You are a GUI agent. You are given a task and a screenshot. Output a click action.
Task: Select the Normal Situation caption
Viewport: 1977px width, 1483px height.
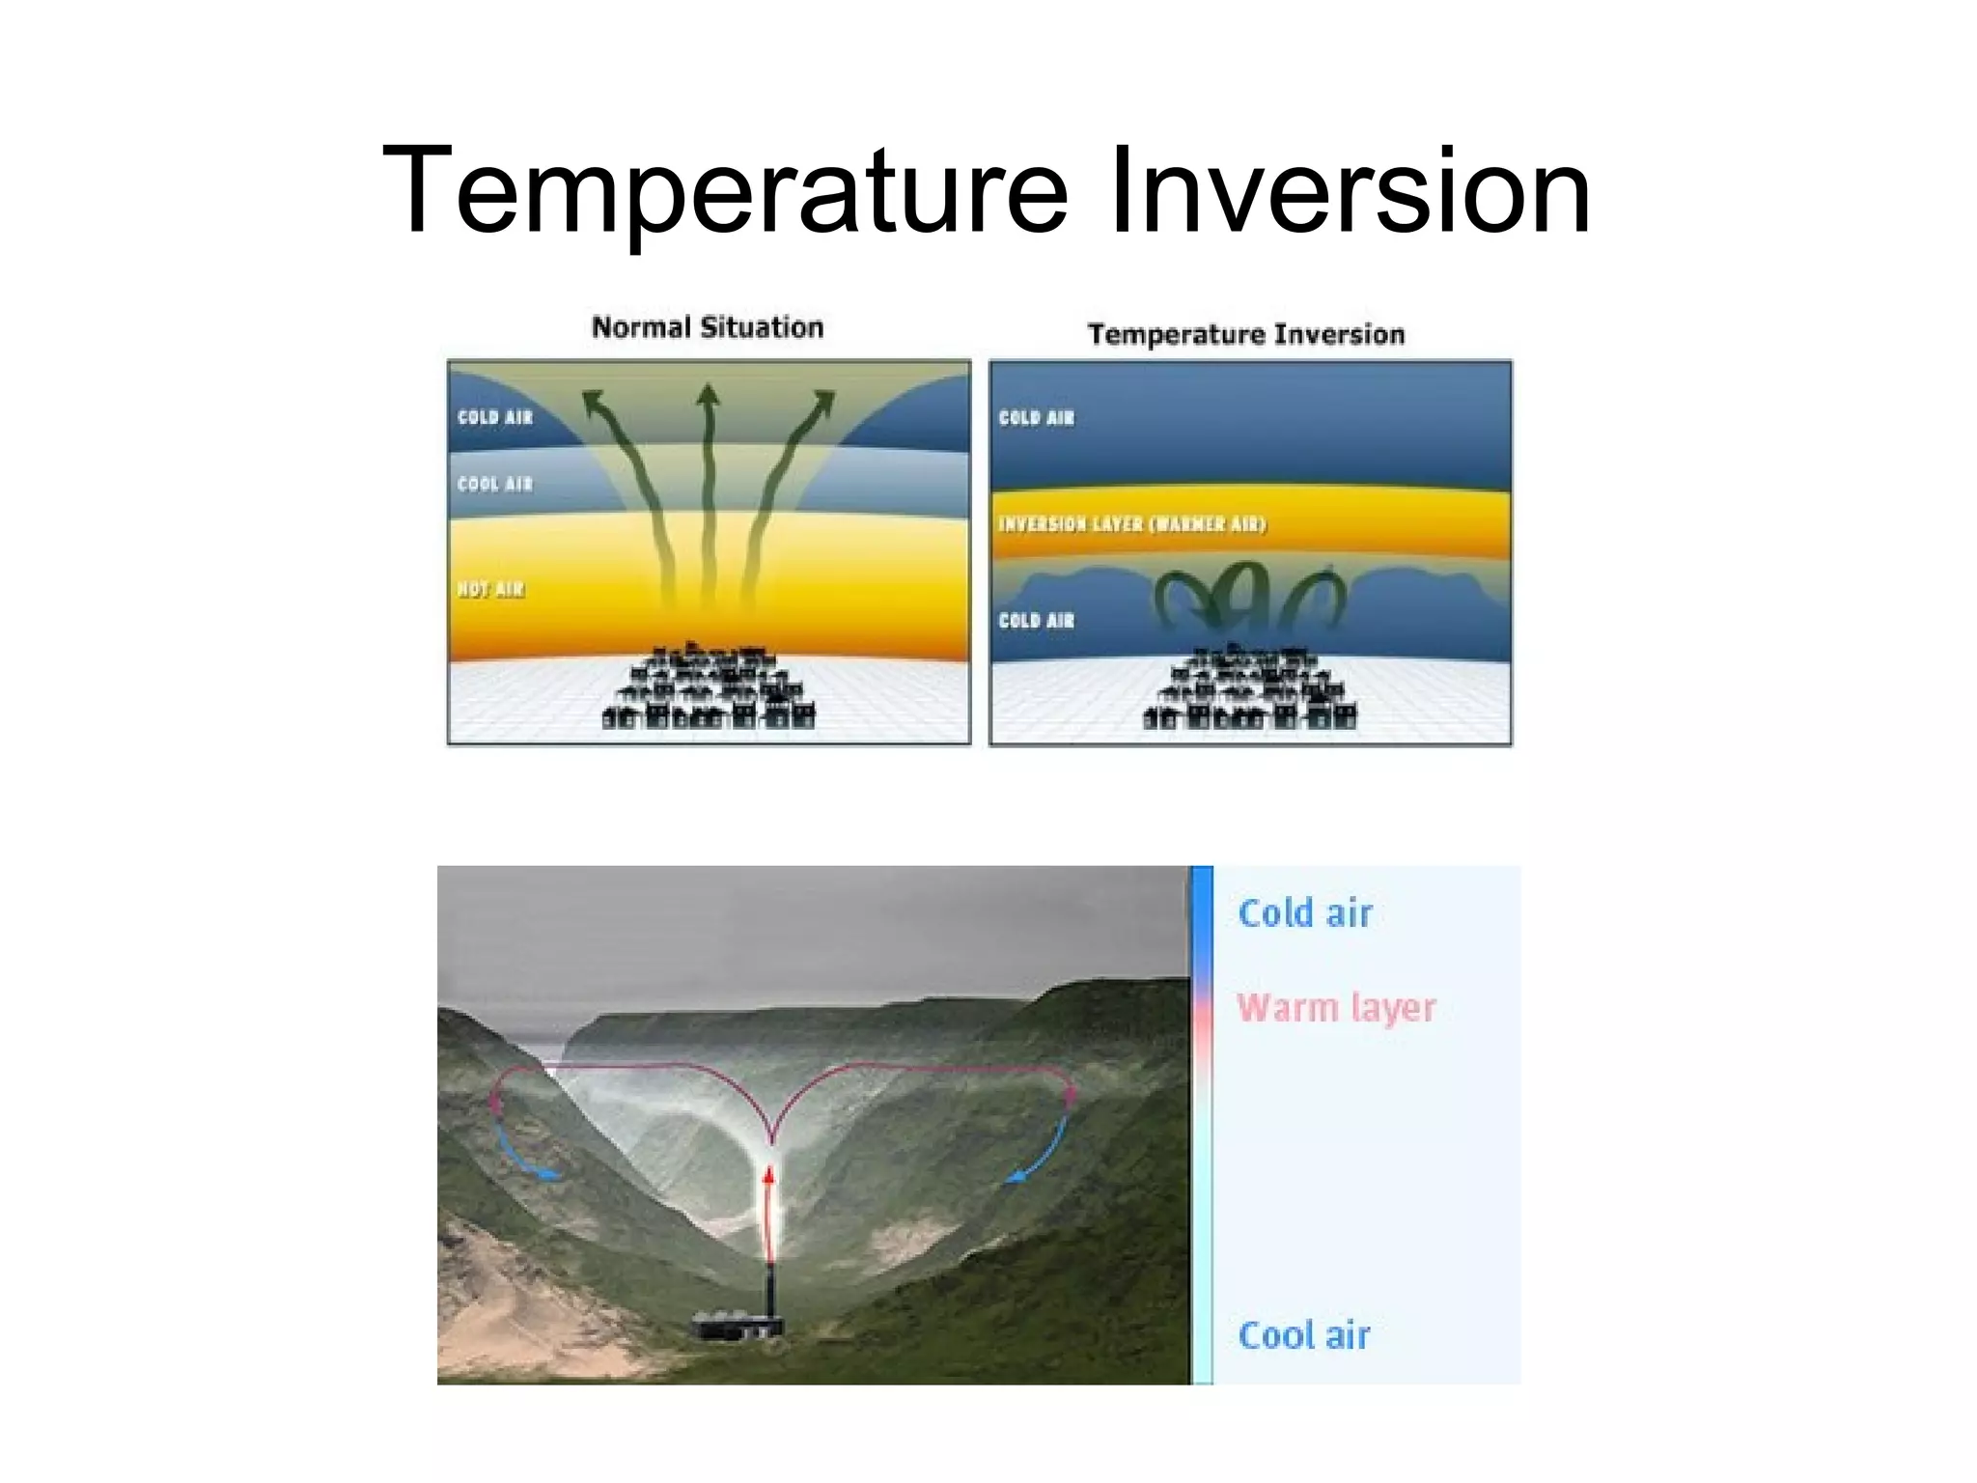[708, 327]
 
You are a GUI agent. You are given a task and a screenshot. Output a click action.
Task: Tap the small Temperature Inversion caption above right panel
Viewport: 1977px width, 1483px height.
[1245, 334]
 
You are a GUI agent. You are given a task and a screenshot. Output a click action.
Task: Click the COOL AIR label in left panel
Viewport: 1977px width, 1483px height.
[494, 484]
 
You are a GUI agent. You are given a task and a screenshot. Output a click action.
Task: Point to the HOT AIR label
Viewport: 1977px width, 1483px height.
[491, 589]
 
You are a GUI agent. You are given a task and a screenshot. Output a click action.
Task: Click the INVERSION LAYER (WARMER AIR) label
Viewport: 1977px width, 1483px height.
[1131, 524]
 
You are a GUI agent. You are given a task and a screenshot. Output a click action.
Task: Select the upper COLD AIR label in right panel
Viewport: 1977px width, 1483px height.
[1036, 418]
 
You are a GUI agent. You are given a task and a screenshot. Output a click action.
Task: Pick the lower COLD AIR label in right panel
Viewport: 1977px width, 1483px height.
[1036, 621]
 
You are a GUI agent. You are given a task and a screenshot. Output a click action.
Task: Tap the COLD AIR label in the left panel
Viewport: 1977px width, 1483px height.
[494, 417]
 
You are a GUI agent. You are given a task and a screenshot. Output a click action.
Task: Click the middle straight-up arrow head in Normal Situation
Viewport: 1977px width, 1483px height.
[709, 396]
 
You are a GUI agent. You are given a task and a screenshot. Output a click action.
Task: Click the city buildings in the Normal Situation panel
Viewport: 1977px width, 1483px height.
[709, 687]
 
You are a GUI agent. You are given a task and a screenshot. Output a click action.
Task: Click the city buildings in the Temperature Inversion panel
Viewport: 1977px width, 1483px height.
[1249, 687]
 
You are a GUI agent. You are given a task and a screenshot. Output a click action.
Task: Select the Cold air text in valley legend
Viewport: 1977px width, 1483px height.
[1304, 913]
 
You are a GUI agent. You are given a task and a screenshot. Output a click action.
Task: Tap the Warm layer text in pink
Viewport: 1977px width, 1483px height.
[1336, 1008]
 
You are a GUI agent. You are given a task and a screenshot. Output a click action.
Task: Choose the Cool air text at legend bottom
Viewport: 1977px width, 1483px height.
[1303, 1336]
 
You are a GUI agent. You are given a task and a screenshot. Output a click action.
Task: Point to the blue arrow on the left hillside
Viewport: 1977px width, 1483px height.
[523, 1154]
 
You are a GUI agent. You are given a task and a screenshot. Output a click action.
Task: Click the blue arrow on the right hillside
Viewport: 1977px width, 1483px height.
[1039, 1154]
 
